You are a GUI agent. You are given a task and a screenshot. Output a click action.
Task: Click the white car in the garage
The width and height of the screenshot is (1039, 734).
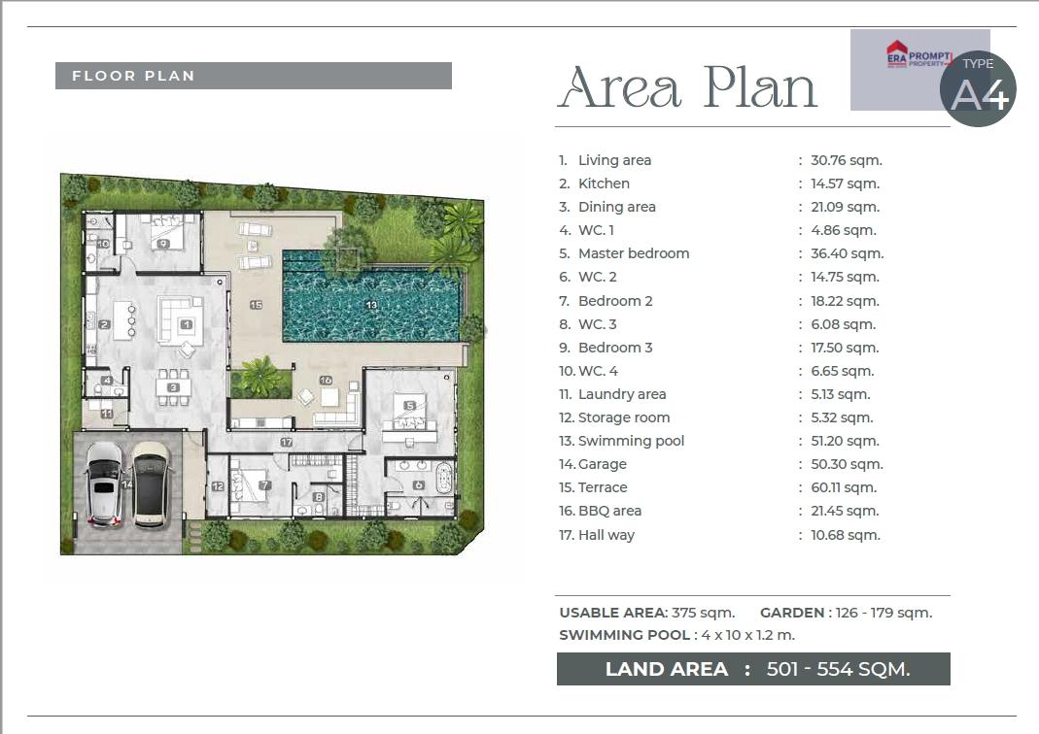pyautogui.click(x=105, y=484)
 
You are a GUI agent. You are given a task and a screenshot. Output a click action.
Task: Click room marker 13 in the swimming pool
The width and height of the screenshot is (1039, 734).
pyautogui.click(x=371, y=305)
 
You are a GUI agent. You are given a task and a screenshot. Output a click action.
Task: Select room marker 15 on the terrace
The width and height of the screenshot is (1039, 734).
pyautogui.click(x=257, y=305)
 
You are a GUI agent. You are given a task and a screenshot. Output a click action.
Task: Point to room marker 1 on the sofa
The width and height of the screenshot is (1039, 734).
pyautogui.click(x=187, y=324)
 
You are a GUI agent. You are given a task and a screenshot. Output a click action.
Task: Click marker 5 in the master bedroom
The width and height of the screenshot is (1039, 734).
pyautogui.click(x=409, y=406)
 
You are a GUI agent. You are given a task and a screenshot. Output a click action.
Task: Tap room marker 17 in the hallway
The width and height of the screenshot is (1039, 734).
pyautogui.click(x=287, y=442)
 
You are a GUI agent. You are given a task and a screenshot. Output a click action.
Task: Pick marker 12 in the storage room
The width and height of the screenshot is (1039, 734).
pyautogui.click(x=218, y=486)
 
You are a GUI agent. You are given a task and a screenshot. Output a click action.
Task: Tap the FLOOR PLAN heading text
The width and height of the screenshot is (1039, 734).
pyautogui.click(x=133, y=76)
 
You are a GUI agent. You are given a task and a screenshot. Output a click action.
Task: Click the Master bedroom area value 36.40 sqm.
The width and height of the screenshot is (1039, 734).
pyautogui.click(x=847, y=253)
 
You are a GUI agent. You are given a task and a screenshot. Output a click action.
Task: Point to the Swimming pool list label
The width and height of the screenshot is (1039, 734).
pyautogui.click(x=631, y=441)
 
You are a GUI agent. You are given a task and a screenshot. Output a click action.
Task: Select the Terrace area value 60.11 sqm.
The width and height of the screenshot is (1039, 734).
pyautogui.click(x=844, y=487)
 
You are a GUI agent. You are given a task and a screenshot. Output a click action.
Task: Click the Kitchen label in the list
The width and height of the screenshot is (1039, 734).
pyautogui.click(x=604, y=183)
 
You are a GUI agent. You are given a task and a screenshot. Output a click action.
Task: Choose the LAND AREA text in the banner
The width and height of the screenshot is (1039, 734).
pyautogui.click(x=666, y=669)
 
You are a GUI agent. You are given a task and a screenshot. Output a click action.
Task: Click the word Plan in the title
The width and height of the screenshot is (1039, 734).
pyautogui.click(x=760, y=87)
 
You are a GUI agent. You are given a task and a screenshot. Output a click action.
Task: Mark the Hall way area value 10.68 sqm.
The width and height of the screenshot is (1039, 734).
pyautogui.click(x=846, y=535)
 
